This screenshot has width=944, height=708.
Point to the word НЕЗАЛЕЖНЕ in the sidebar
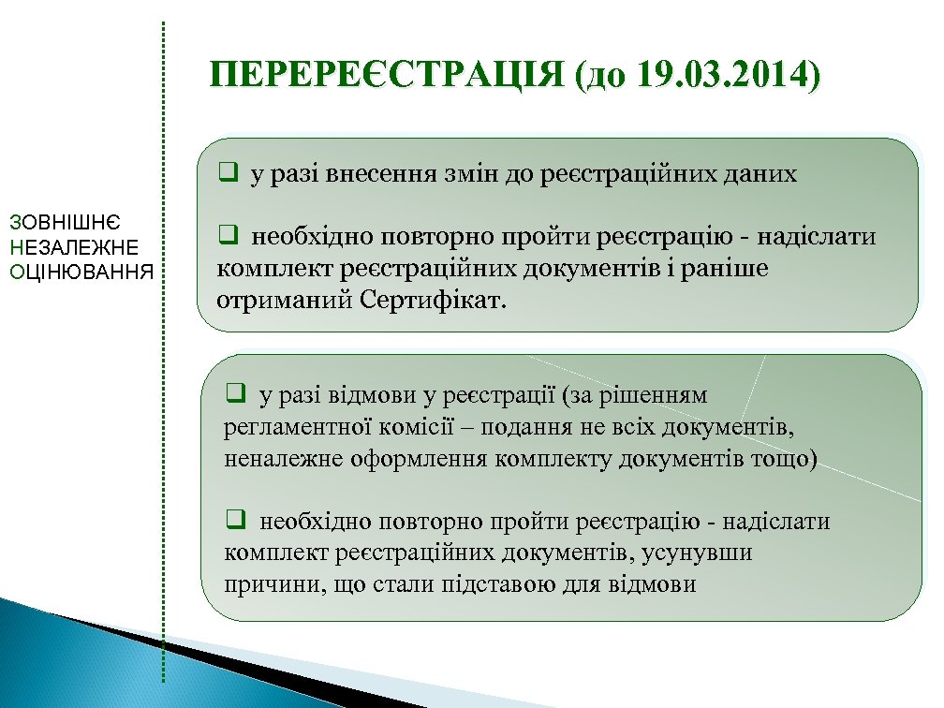point(72,247)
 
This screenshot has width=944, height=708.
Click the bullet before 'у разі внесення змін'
point(227,173)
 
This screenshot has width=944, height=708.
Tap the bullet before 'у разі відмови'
point(235,395)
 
